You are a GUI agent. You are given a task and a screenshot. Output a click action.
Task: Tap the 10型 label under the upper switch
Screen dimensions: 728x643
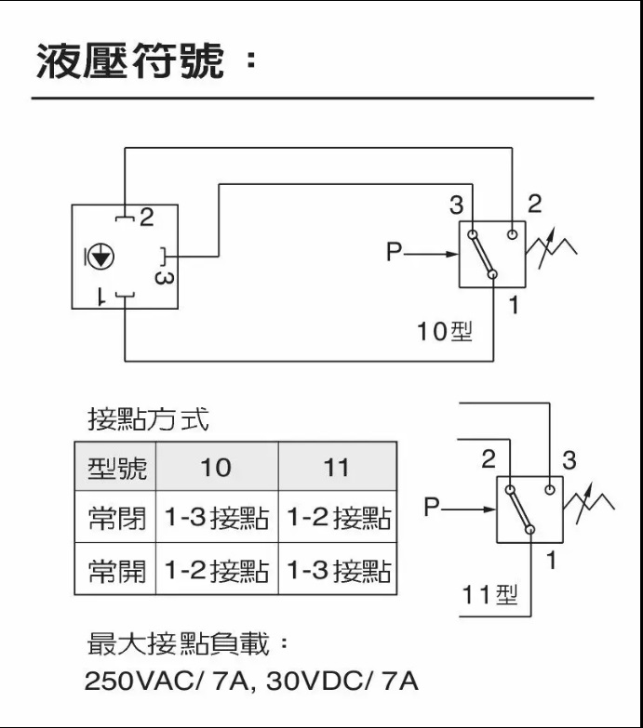click(x=445, y=331)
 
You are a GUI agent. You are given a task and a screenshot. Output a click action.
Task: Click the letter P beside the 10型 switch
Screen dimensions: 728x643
click(x=395, y=252)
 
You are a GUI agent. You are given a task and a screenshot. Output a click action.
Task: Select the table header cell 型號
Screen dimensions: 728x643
click(x=116, y=467)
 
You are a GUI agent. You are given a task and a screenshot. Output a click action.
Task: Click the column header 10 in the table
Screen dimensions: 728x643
click(x=216, y=467)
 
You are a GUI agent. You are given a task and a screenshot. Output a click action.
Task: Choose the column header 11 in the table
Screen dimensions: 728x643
click(x=336, y=467)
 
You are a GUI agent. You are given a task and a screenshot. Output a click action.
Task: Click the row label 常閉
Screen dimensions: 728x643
click(x=116, y=518)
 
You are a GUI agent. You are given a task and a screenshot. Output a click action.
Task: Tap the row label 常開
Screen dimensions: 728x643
click(x=116, y=570)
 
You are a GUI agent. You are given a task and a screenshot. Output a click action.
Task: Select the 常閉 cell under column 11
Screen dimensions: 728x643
click(x=336, y=518)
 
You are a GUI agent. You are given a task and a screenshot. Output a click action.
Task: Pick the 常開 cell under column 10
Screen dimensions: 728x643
click(x=216, y=570)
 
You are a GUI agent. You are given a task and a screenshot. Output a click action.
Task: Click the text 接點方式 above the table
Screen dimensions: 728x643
click(x=148, y=419)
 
